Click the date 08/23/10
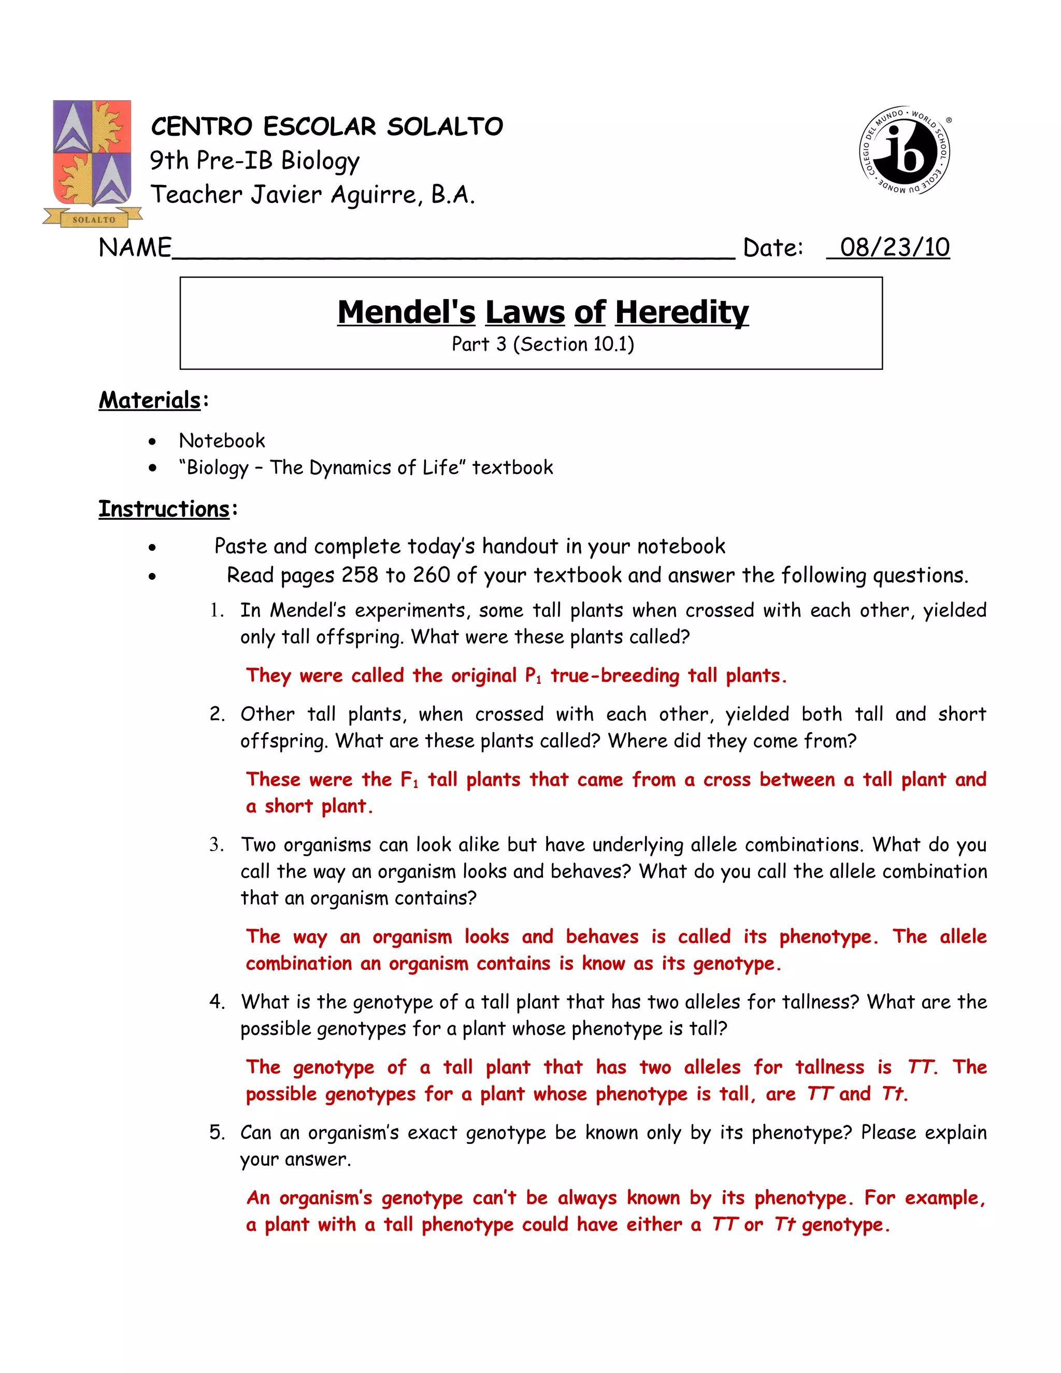894,247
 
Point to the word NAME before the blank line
135,248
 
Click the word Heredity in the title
681,312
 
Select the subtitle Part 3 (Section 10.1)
542,344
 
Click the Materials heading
150,400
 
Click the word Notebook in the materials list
222,441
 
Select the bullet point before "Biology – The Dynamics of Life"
152,468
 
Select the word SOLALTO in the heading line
445,126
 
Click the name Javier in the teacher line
287,195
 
